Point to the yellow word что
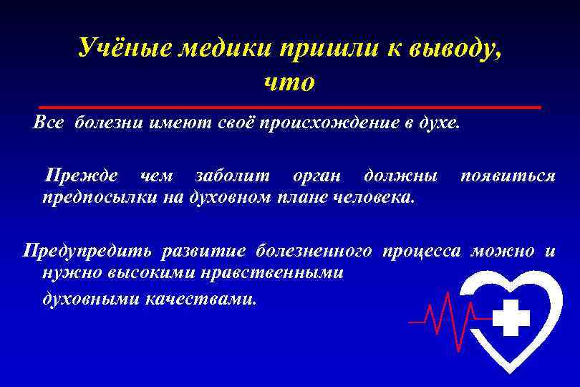[289, 82]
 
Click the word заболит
[233, 176]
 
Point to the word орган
[317, 176]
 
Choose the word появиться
[508, 176]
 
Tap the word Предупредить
[87, 251]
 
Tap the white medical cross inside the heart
[511, 317]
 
